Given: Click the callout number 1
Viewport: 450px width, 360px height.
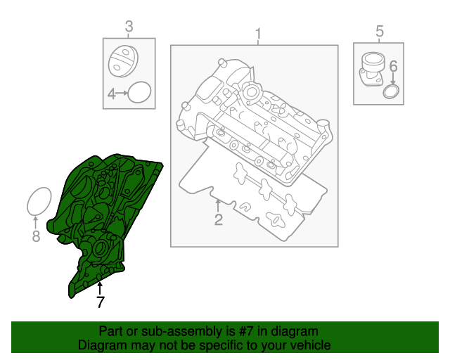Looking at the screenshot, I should click(257, 34).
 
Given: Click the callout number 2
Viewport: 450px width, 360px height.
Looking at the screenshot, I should click(218, 221).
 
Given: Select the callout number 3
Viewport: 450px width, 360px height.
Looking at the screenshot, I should click(129, 27).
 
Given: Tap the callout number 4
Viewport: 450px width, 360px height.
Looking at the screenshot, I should click(111, 93).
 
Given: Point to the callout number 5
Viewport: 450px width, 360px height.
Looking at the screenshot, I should click(380, 31).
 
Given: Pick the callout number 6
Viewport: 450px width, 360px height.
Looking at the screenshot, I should click(393, 66).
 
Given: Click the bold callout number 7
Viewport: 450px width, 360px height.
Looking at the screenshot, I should click(100, 303).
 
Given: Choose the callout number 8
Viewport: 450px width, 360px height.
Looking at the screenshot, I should click(37, 237).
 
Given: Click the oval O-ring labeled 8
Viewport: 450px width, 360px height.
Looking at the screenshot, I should click(39, 202).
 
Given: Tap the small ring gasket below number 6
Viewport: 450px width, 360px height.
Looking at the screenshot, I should click(391, 93).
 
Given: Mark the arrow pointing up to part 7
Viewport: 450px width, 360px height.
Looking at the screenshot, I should click(100, 287).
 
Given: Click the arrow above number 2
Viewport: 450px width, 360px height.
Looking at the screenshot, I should click(218, 205).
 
